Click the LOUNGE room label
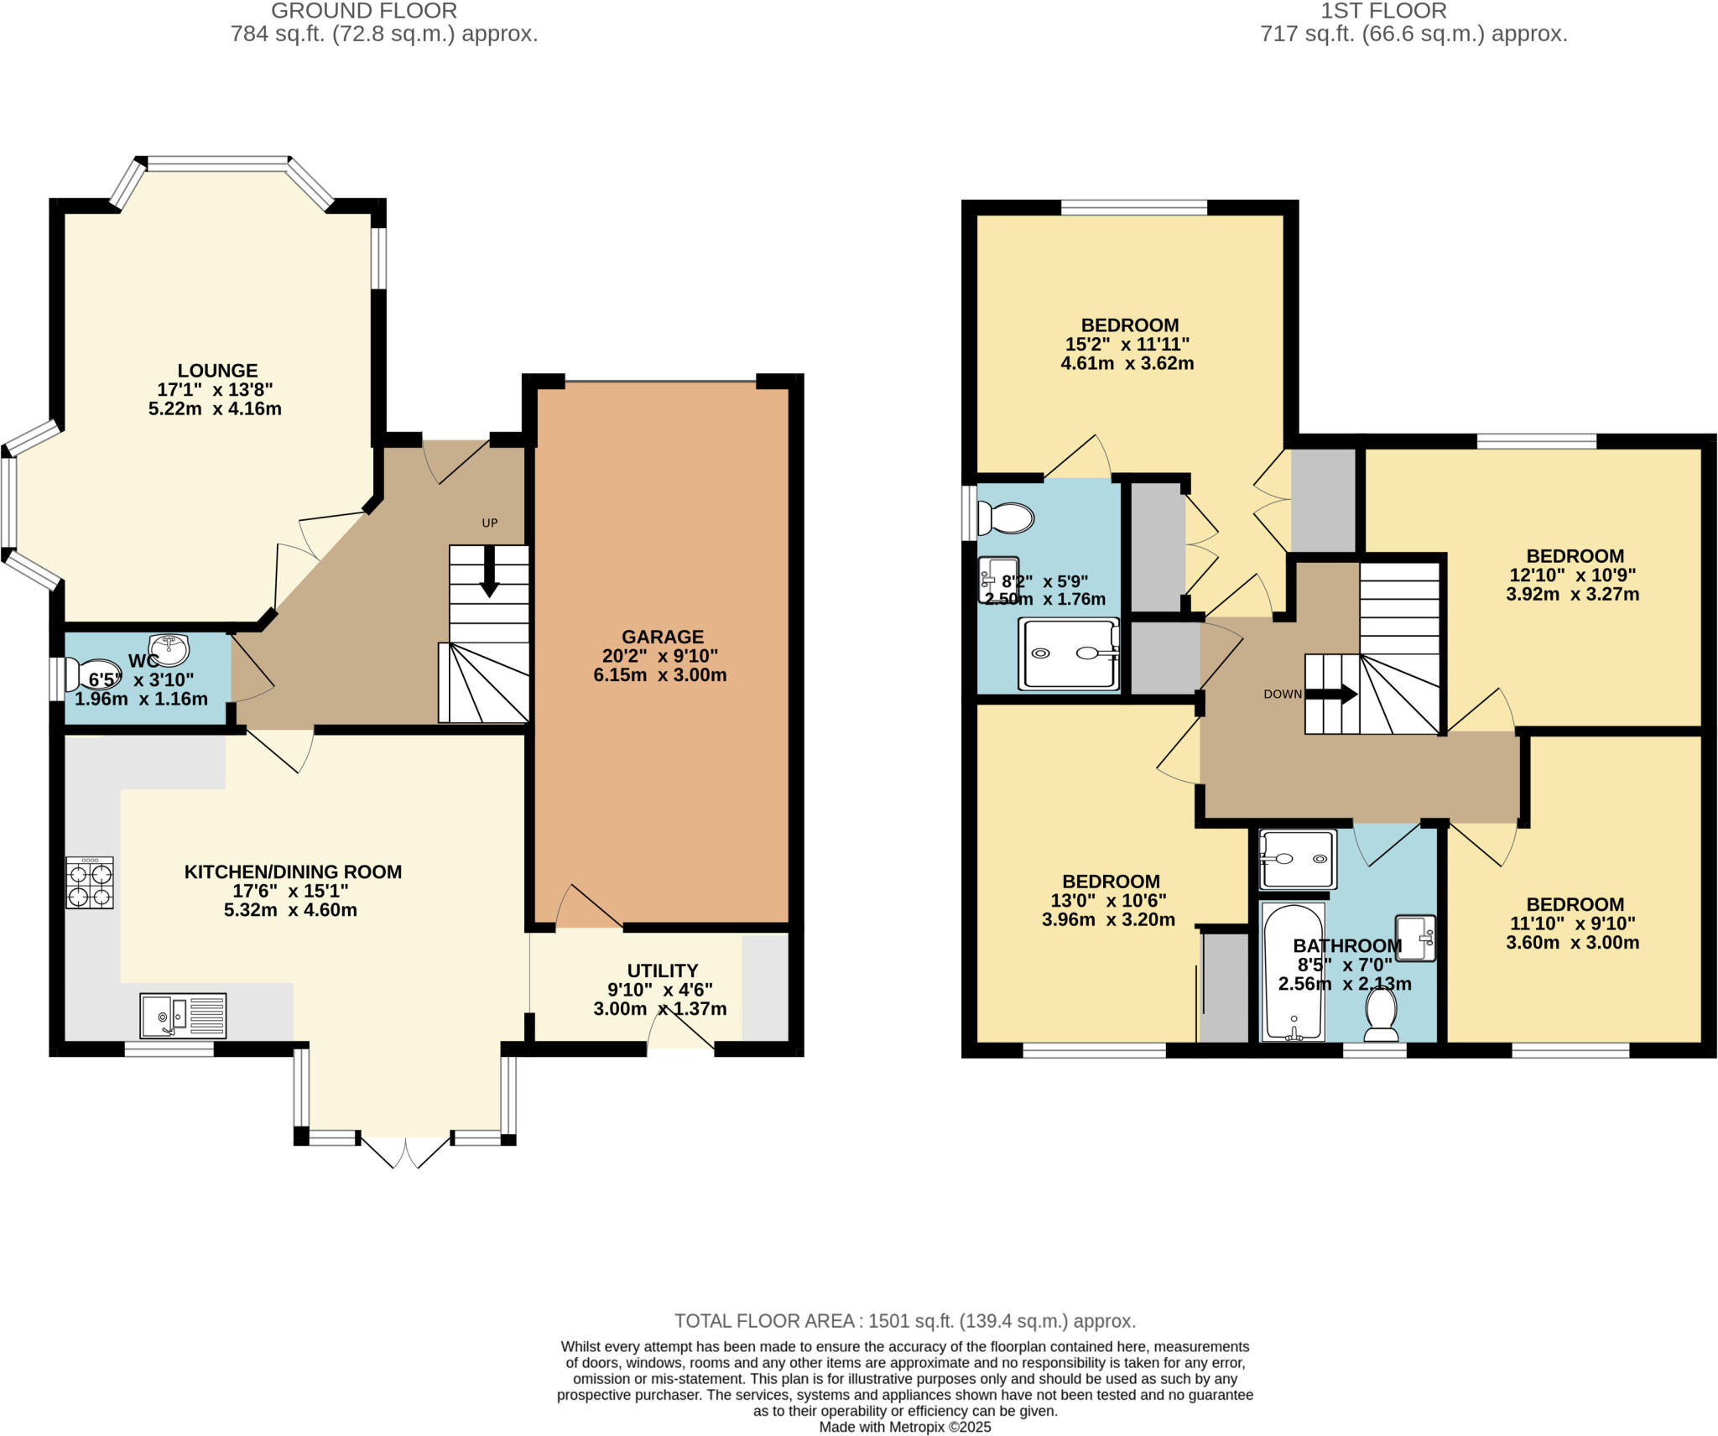pyautogui.click(x=217, y=371)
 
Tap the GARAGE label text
pyautogui.click(x=662, y=637)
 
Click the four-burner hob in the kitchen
pyautogui.click(x=90, y=882)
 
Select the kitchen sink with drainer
pyautogui.click(x=183, y=1016)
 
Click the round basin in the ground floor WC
pyautogui.click(x=169, y=648)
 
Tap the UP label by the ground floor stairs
pyautogui.click(x=490, y=523)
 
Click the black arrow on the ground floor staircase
pyautogui.click(x=489, y=579)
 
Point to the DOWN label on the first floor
pyautogui.click(x=1283, y=694)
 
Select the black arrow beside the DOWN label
pyautogui.click(x=1334, y=695)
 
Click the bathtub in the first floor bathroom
pyautogui.click(x=1293, y=973)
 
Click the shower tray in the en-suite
pyautogui.click(x=1068, y=654)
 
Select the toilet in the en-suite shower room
pyautogui.click(x=1006, y=518)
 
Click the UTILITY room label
pyautogui.click(x=662, y=970)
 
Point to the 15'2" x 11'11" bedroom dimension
pyautogui.click(x=1127, y=344)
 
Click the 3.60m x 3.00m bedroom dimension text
pyautogui.click(x=1572, y=942)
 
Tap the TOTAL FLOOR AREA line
pyautogui.click(x=904, y=1321)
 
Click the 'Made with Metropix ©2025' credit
pyautogui.click(x=904, y=1427)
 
